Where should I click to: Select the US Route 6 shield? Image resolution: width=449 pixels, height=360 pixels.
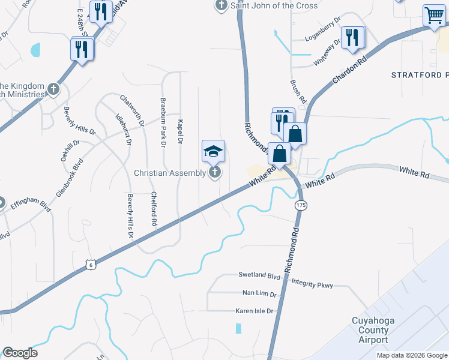pos(90,264)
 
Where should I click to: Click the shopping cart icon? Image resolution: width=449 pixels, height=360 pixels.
pos(434,16)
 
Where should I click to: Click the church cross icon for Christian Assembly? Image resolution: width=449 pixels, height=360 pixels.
pos(214,173)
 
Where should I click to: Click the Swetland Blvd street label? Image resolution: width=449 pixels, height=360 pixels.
pos(259,276)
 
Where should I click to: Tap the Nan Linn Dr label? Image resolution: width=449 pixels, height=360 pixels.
pos(259,294)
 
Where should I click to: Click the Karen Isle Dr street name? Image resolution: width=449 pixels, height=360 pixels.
pos(253,311)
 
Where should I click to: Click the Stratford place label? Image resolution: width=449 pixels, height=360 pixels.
pos(420,76)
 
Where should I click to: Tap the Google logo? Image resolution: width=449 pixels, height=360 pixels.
pos(20,353)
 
